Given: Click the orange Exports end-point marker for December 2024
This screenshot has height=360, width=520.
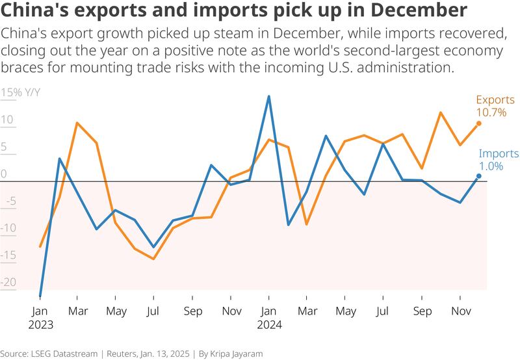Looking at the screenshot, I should (479, 123).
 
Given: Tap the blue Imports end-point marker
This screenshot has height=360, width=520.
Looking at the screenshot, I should (479, 175).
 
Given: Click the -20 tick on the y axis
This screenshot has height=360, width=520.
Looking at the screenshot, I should (8, 283).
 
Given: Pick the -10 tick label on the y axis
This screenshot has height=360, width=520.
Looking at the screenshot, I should (8, 229).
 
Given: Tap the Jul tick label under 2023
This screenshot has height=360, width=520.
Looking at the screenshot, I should (154, 312).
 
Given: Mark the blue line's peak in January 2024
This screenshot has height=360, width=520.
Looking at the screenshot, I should (268, 97).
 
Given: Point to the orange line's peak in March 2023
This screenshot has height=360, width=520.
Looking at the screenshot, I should (77, 123).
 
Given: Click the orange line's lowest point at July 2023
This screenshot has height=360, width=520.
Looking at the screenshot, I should (154, 259).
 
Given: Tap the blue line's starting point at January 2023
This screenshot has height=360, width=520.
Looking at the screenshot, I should (40, 296).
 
